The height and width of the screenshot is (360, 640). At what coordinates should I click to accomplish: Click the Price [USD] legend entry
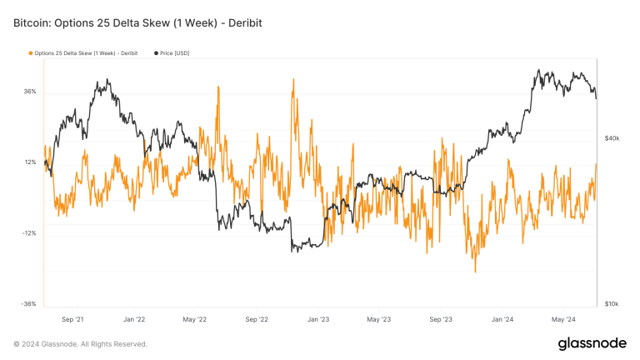[182, 53]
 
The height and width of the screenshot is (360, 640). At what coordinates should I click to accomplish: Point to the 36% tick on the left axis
[29, 92]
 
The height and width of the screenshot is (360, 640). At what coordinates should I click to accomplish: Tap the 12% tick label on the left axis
[29, 162]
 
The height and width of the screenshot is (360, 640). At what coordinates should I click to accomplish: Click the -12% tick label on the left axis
[28, 233]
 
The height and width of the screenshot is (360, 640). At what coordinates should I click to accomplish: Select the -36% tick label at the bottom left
[28, 304]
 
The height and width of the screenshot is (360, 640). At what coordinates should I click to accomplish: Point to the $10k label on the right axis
[612, 304]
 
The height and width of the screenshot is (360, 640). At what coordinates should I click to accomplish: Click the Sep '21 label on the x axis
[73, 319]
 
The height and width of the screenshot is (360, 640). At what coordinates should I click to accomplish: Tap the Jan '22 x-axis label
[134, 319]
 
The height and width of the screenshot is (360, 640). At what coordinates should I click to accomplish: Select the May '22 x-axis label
[195, 319]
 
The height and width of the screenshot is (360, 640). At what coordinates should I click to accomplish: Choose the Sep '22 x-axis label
[257, 319]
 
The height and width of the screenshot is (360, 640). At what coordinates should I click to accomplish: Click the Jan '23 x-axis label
[317, 319]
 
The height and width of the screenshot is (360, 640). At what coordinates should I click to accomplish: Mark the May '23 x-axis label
[378, 319]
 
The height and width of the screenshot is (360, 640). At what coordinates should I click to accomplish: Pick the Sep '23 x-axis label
[441, 319]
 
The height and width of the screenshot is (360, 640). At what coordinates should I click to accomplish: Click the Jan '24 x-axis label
[502, 319]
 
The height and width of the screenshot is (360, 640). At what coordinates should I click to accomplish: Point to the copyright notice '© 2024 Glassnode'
[80, 344]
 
